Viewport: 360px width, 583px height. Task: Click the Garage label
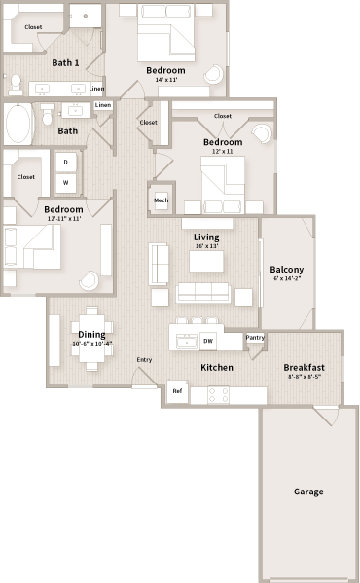click(x=308, y=492)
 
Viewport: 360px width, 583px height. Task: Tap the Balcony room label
click(x=286, y=270)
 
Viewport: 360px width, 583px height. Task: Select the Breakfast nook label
click(x=304, y=368)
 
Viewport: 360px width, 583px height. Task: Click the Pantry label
click(x=255, y=338)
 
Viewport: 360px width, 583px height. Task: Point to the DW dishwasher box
click(x=208, y=341)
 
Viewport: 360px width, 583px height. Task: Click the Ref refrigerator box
click(x=177, y=391)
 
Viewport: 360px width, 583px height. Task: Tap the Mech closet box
click(x=162, y=200)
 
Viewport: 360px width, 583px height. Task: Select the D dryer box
click(x=66, y=163)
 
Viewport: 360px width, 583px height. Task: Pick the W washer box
click(x=66, y=182)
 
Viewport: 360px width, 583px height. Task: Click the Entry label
click(x=144, y=360)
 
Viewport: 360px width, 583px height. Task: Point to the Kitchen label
click(x=216, y=368)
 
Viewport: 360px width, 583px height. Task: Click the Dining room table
click(x=92, y=337)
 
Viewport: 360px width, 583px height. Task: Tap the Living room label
click(x=206, y=237)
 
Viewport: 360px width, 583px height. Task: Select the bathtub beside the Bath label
click(x=18, y=125)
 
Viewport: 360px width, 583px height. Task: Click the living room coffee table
click(x=205, y=261)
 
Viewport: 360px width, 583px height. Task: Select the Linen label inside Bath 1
click(x=97, y=89)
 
